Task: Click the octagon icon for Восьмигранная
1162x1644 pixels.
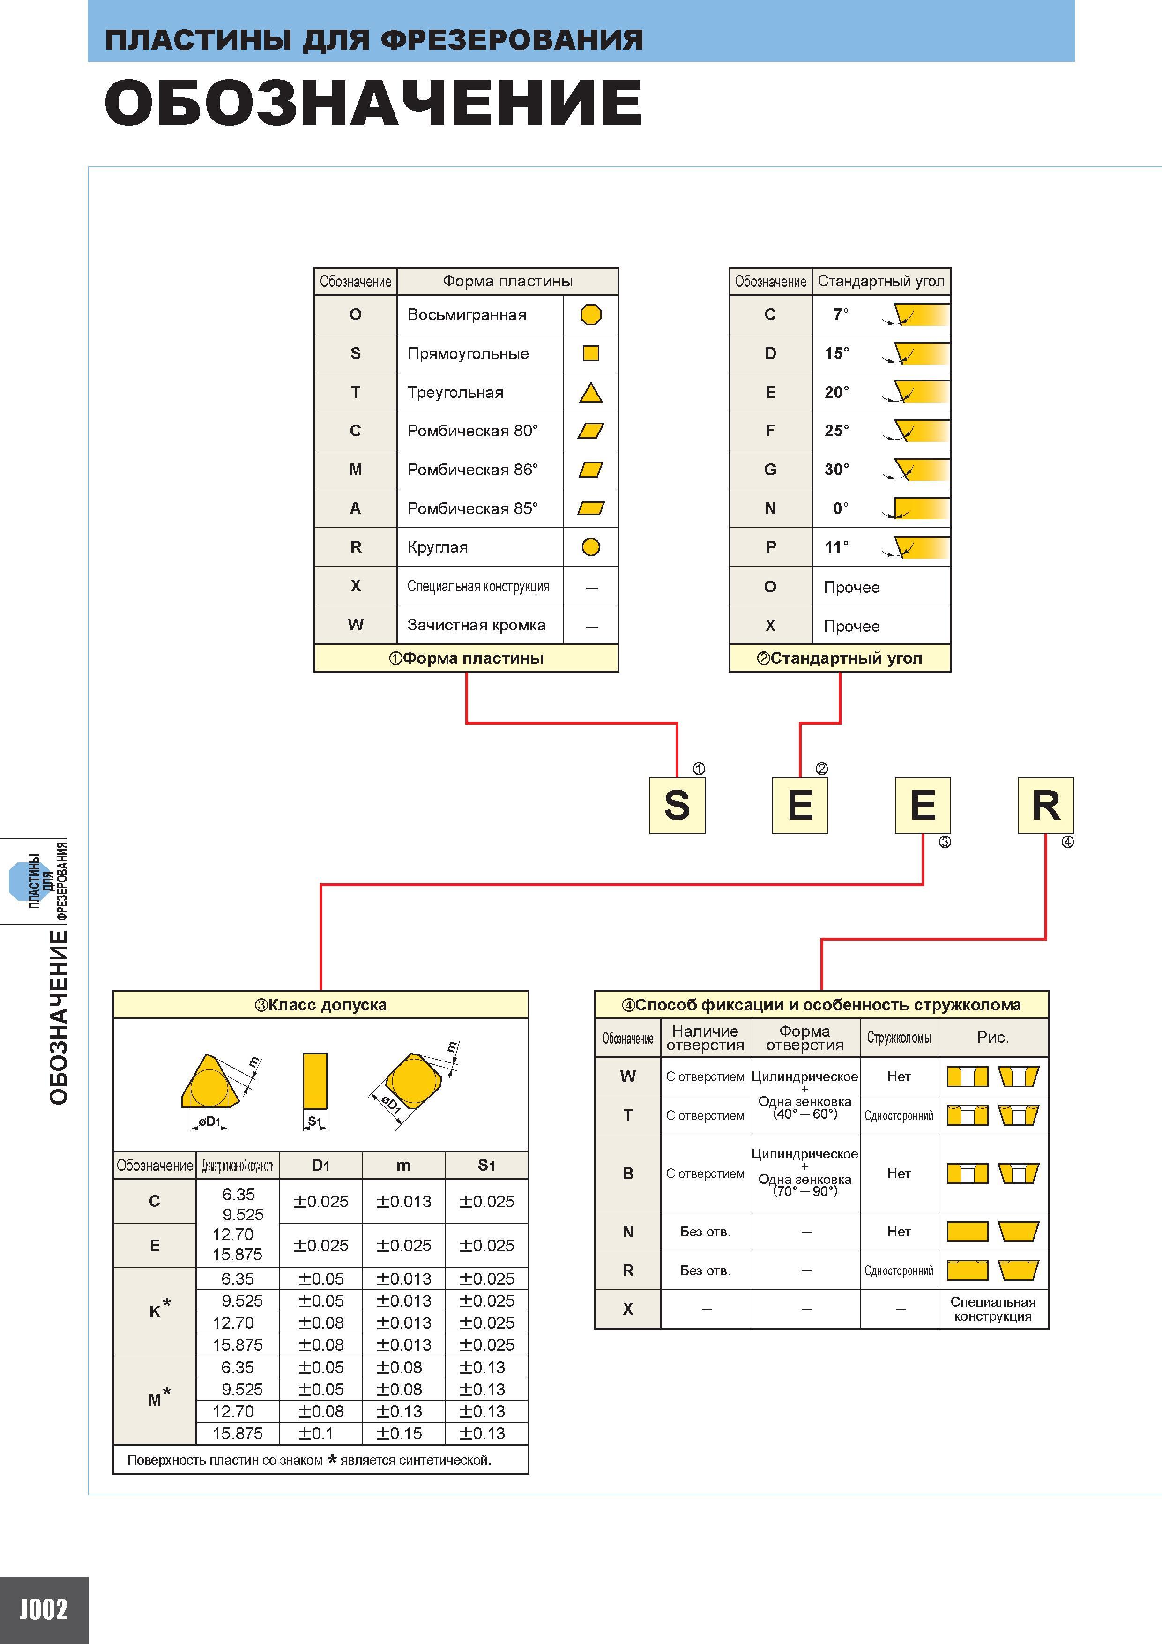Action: (x=591, y=314)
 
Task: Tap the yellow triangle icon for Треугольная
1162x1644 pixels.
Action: (x=591, y=392)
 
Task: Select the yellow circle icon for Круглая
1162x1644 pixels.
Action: (x=591, y=547)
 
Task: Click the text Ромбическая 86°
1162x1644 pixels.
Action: (x=473, y=470)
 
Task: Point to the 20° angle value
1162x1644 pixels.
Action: (x=836, y=392)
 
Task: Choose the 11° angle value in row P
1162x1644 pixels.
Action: (x=836, y=547)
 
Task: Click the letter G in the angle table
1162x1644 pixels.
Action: (x=770, y=470)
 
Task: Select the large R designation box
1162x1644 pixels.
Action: (x=1045, y=806)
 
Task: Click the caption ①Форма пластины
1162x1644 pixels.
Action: (x=466, y=658)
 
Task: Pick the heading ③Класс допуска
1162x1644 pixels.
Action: (x=321, y=1005)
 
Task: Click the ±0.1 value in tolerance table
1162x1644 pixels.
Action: (x=321, y=1434)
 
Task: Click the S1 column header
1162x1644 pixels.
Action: (x=486, y=1166)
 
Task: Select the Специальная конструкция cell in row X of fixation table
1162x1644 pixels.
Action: (x=993, y=1309)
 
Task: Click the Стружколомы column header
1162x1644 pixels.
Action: (x=899, y=1038)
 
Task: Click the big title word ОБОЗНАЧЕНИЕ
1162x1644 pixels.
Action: (x=373, y=102)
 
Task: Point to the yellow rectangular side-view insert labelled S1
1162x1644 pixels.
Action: (x=315, y=1081)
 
